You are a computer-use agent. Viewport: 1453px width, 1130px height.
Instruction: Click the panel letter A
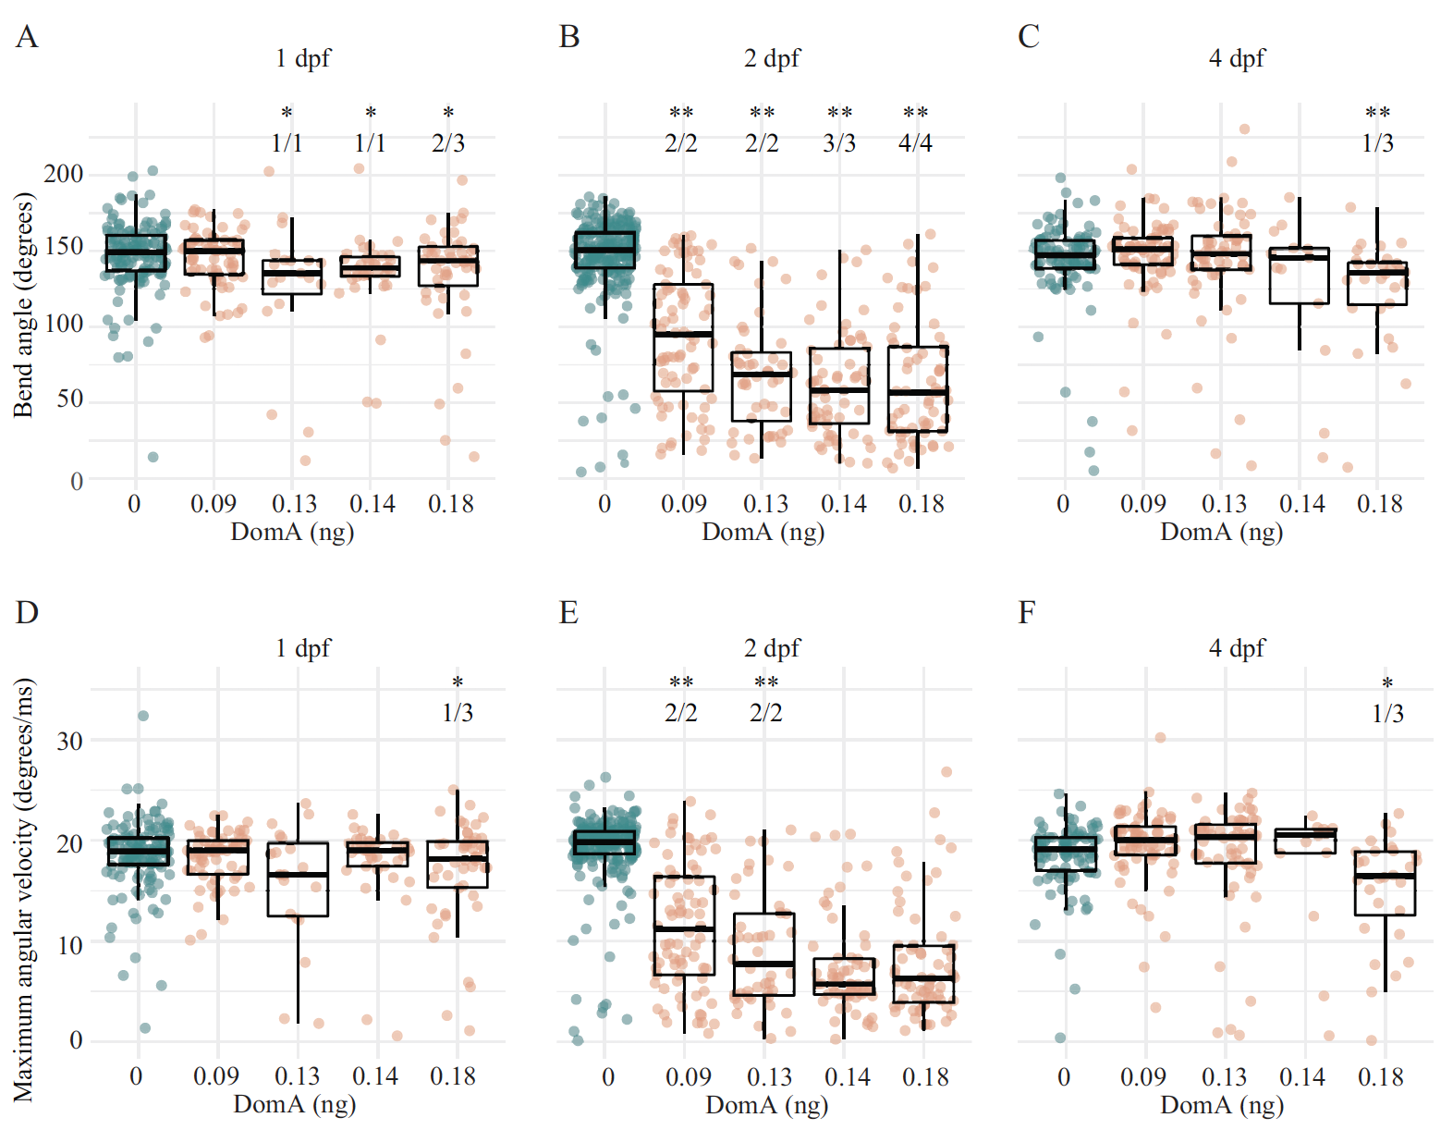pyautogui.click(x=26, y=37)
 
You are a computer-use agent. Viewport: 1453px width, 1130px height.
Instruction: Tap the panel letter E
pyautogui.click(x=568, y=612)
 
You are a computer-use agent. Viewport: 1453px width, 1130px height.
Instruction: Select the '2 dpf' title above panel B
pyautogui.click(x=772, y=58)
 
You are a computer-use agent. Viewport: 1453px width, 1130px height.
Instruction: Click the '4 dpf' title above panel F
pyautogui.click(x=1237, y=648)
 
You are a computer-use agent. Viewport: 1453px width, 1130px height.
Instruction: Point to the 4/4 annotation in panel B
pyautogui.click(x=915, y=143)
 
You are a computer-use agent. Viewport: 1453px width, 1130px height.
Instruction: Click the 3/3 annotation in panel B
pyautogui.click(x=839, y=143)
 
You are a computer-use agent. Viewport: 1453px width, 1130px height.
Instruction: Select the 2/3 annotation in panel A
pyautogui.click(x=448, y=143)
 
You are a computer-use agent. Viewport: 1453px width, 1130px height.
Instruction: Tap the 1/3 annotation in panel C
pyautogui.click(x=1377, y=143)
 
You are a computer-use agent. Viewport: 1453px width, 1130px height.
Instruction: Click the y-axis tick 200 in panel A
pyautogui.click(x=63, y=174)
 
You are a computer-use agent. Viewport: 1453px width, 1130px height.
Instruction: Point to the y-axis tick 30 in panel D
pyautogui.click(x=69, y=741)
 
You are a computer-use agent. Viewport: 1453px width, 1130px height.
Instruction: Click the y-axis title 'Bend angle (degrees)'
pyautogui.click(x=23, y=305)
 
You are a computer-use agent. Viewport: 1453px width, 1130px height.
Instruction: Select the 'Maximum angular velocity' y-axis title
pyautogui.click(x=23, y=888)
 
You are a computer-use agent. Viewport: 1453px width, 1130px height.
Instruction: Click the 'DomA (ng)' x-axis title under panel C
pyautogui.click(x=1221, y=532)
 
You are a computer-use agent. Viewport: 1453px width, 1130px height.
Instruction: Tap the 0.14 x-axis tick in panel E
pyautogui.click(x=847, y=1077)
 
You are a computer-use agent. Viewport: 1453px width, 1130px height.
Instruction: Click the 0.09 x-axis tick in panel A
pyautogui.click(x=214, y=504)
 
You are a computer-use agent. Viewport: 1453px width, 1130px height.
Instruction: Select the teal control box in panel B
pyautogui.click(x=605, y=250)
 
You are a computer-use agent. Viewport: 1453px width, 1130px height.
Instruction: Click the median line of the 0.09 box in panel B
pyautogui.click(x=684, y=333)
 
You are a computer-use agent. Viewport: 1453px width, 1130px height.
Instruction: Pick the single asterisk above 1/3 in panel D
pyautogui.click(x=458, y=682)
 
